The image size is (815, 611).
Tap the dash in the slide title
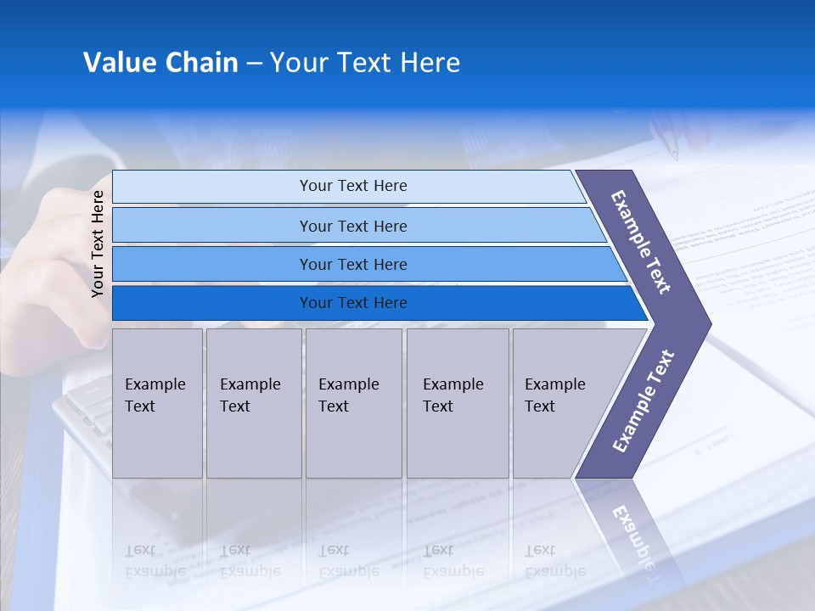pyautogui.click(x=254, y=64)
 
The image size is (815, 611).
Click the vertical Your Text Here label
pyautogui.click(x=98, y=244)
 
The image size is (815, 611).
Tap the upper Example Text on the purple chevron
pyautogui.click(x=641, y=242)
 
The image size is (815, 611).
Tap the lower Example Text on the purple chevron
pyautogui.click(x=643, y=401)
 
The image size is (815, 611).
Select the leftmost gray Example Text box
pyautogui.click(x=157, y=403)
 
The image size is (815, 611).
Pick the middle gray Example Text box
pyautogui.click(x=353, y=403)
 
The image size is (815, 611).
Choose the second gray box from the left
pyautogui.click(x=254, y=403)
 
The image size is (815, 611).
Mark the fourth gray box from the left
pyautogui.click(x=458, y=403)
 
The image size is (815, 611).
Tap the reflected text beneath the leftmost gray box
pyautogui.click(x=155, y=560)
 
